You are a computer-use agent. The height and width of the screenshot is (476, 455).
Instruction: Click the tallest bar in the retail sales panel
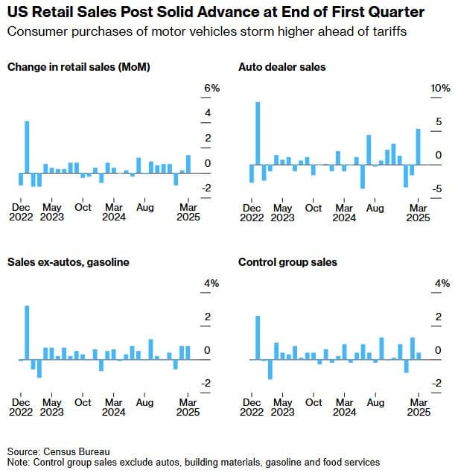coord(27,146)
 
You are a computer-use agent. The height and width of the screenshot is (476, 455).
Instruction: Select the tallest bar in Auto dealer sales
coord(258,133)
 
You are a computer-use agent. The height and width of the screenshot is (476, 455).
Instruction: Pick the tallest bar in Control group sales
coord(258,337)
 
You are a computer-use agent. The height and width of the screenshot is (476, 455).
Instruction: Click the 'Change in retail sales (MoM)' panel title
coord(78,67)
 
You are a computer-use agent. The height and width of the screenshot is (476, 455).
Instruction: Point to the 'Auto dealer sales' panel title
coord(281,67)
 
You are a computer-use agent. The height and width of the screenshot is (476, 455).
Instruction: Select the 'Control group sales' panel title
coord(287,262)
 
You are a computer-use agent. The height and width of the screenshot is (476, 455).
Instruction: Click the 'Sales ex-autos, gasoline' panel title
coord(69,262)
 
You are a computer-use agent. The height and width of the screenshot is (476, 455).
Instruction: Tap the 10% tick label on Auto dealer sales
coord(441,89)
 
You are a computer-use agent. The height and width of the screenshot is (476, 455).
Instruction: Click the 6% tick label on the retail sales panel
coord(212,89)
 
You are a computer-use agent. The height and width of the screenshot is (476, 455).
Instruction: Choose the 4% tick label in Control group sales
coord(442,284)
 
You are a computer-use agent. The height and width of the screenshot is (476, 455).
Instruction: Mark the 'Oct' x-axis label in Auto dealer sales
coord(314,208)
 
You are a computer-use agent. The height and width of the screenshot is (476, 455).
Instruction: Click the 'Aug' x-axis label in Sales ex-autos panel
coord(144,402)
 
